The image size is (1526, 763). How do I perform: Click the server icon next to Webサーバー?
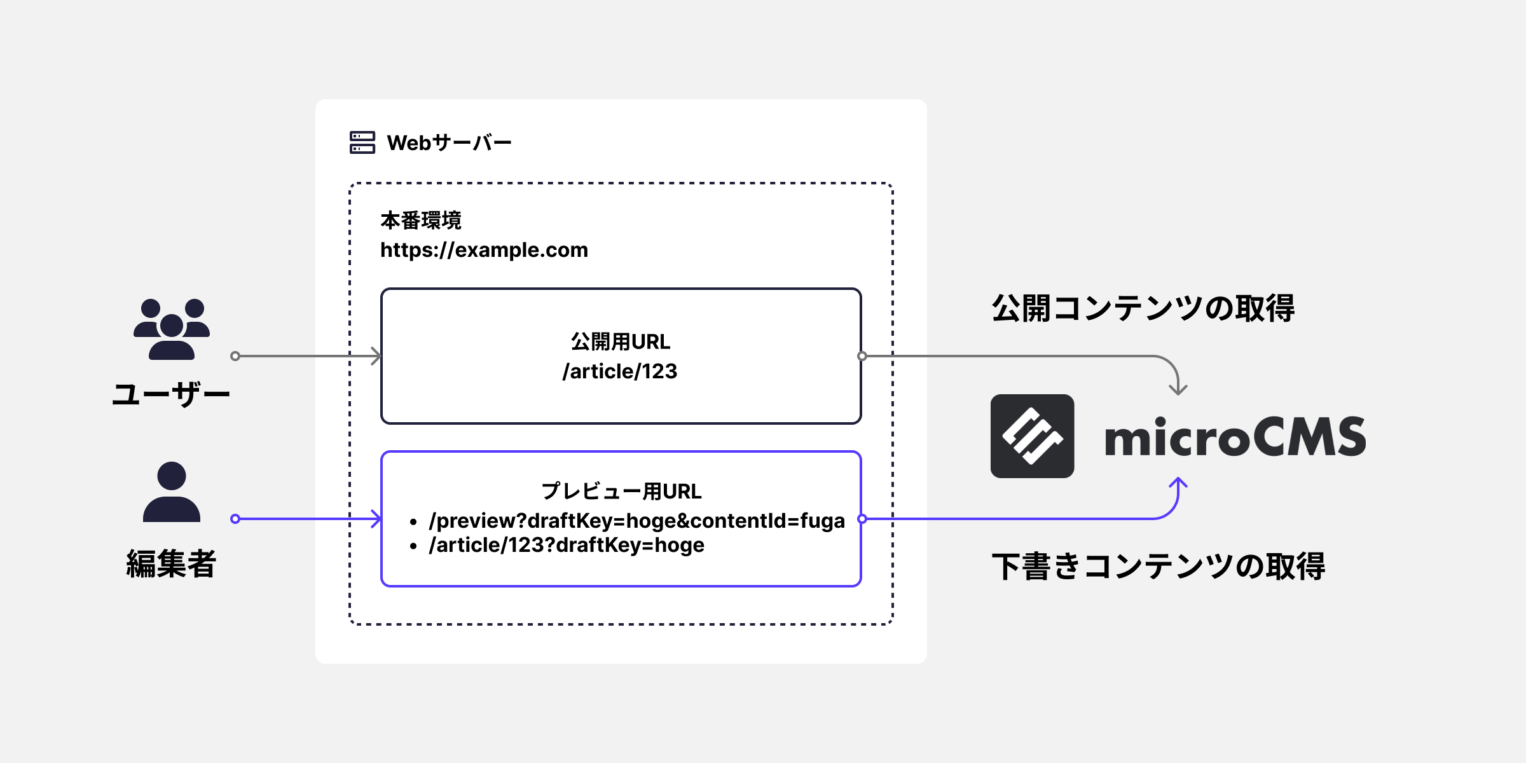click(x=362, y=142)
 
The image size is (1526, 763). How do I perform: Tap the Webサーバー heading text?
click(x=449, y=143)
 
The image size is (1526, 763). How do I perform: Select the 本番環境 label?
click(x=421, y=221)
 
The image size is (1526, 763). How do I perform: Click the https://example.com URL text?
click(x=484, y=250)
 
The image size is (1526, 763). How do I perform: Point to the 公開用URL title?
click(x=621, y=342)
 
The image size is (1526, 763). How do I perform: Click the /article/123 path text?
click(x=620, y=371)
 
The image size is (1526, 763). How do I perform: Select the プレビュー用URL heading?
click(x=621, y=491)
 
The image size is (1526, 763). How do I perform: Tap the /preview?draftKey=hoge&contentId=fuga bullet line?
click(x=636, y=521)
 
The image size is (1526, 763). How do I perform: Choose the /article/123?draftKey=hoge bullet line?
click(x=567, y=546)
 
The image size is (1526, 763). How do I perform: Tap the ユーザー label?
click(x=171, y=394)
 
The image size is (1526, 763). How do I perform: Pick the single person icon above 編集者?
click(x=172, y=492)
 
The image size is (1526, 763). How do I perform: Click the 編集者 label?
click(x=171, y=564)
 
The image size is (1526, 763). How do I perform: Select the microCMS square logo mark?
click(x=1032, y=436)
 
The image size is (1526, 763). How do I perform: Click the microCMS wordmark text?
click(x=1235, y=437)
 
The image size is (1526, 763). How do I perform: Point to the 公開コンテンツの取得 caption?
click(x=1143, y=308)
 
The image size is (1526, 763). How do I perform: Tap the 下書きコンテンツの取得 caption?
click(x=1158, y=566)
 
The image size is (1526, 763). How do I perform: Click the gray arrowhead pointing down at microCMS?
click(x=1178, y=389)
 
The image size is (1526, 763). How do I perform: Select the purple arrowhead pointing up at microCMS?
click(x=1178, y=483)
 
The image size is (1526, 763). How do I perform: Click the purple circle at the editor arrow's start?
click(x=235, y=519)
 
